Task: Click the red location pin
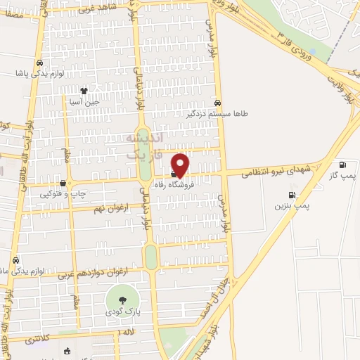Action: coord(181,165)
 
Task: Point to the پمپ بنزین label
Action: coord(292,205)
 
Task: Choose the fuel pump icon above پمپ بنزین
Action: coord(292,195)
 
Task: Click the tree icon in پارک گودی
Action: coord(122,301)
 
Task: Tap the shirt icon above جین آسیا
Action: coord(84,91)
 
